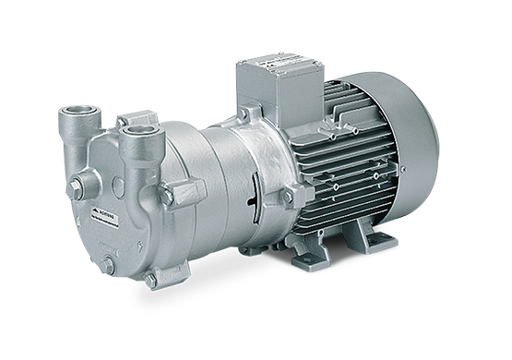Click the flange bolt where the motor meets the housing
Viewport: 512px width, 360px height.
pyautogui.click(x=287, y=196)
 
